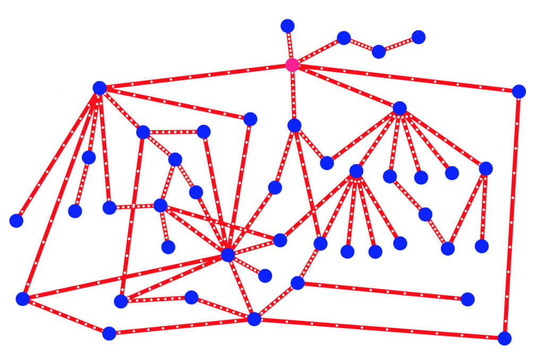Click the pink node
(292, 65)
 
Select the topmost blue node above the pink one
(287, 25)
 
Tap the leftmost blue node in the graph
(16, 220)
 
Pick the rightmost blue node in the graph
(519, 91)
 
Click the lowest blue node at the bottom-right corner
(504, 338)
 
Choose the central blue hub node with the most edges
(228, 255)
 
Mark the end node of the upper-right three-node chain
(419, 37)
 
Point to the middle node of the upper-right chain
(379, 52)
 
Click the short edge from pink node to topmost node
(290, 45)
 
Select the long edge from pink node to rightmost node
(405, 78)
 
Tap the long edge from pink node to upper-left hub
(195, 76)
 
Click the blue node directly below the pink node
(294, 125)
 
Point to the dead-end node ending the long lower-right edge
(467, 299)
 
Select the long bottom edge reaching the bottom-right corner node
(379, 329)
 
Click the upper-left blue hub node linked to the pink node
(99, 88)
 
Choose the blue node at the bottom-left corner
(22, 299)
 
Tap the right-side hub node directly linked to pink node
(400, 108)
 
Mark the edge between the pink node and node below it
(293, 95)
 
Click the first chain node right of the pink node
(344, 38)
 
